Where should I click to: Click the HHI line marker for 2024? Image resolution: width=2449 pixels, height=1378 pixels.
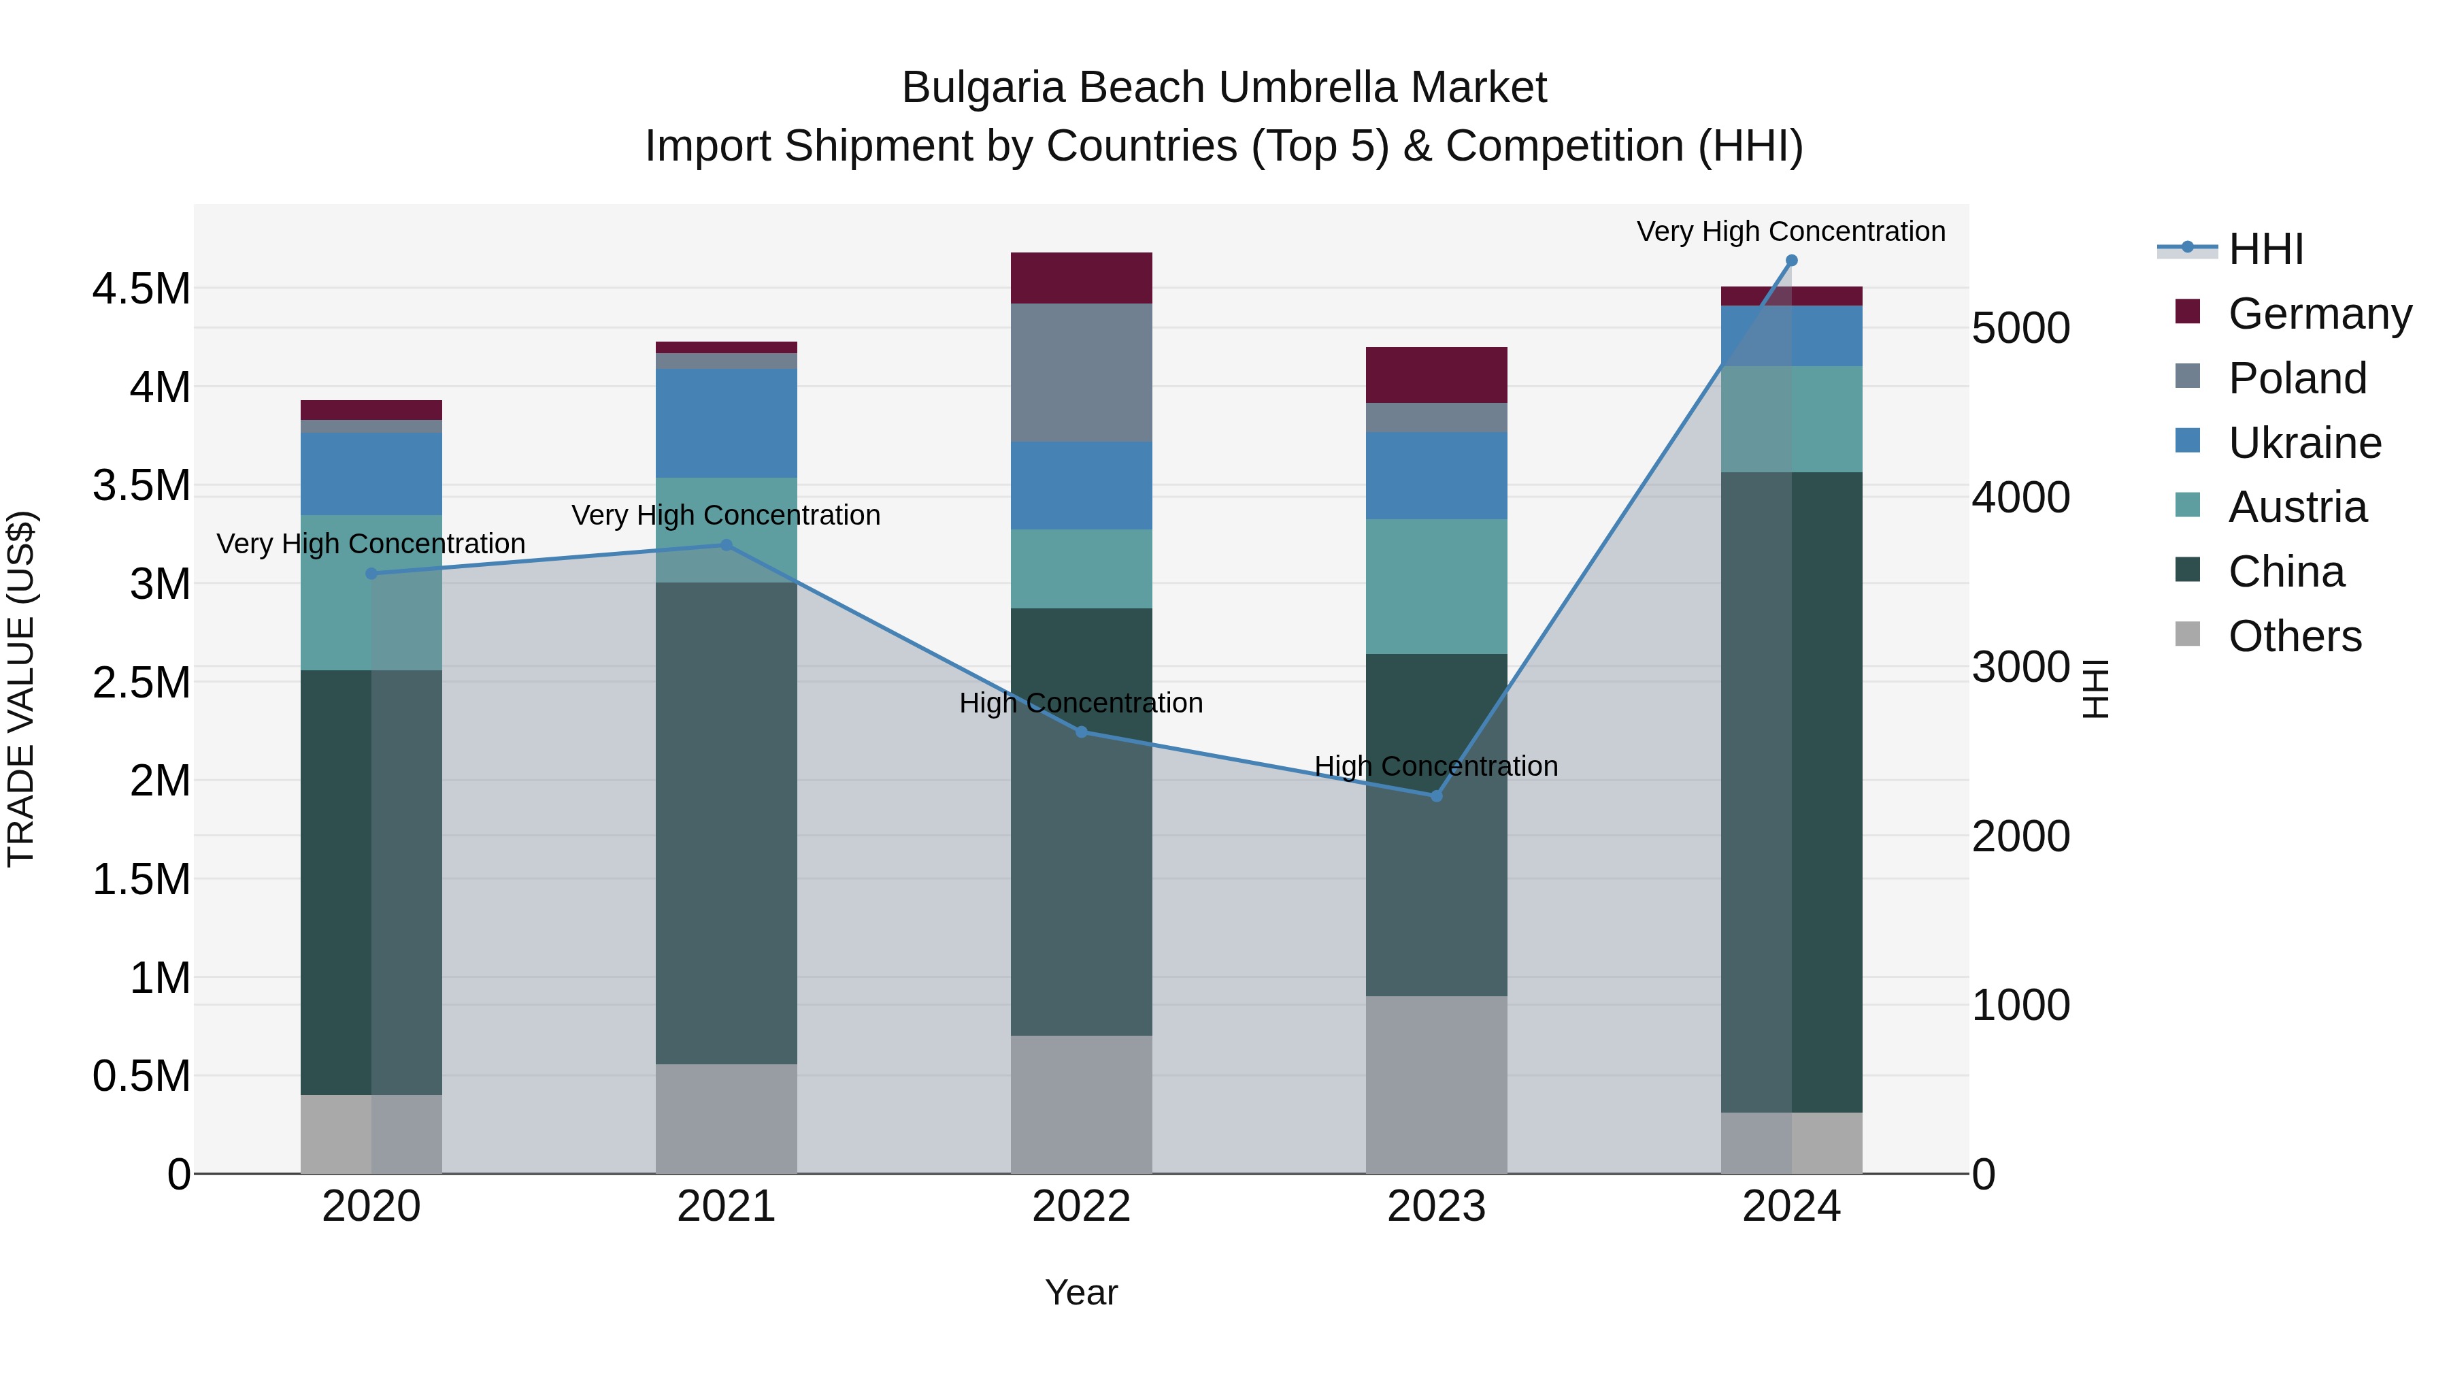1791,261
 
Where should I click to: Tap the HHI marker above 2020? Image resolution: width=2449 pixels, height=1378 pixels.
371,574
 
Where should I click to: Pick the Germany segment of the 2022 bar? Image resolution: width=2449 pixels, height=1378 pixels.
1081,278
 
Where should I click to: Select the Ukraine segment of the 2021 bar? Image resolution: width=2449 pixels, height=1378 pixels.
727,423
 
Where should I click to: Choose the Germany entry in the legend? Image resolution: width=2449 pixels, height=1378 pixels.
2319,314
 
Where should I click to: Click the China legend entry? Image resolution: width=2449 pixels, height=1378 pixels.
2286,572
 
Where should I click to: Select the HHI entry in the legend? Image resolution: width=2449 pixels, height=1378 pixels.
2265,249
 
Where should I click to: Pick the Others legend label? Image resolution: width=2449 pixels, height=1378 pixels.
2294,636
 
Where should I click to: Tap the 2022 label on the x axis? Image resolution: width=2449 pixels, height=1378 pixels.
1081,1207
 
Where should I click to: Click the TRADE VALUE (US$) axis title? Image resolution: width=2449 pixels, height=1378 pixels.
21,689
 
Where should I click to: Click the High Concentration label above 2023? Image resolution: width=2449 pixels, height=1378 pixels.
1435,766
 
